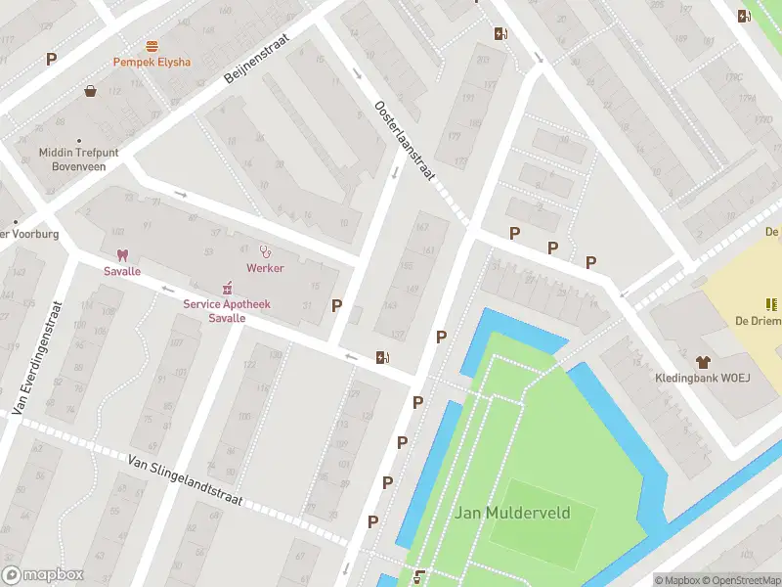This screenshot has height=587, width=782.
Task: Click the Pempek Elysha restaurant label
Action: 152,62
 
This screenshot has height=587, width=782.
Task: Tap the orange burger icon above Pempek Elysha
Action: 152,46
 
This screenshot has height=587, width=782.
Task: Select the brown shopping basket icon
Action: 91,91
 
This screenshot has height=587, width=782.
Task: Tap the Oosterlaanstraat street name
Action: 405,140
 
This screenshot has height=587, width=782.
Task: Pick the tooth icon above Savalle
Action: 122,254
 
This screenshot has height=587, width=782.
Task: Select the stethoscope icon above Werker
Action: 264,251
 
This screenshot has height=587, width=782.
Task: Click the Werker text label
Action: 265,268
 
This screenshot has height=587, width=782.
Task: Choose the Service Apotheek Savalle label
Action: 227,310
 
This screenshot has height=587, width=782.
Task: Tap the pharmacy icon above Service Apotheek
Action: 227,287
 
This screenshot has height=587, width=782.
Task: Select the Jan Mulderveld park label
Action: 512,513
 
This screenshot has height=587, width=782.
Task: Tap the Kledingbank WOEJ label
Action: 702,378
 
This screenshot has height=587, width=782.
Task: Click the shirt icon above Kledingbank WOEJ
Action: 702,361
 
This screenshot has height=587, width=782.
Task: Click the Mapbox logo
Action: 43,575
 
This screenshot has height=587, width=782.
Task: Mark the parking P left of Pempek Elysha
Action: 51,59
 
